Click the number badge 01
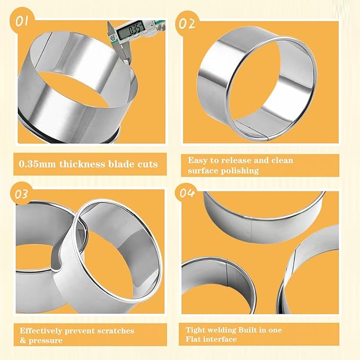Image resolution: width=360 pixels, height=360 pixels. [x=23, y=22]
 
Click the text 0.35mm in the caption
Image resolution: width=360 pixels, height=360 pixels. [x=38, y=164]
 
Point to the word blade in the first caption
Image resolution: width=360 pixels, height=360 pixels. [x=119, y=164]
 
